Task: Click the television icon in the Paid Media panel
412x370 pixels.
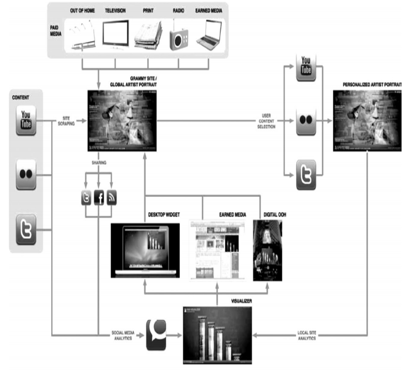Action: click(115, 35)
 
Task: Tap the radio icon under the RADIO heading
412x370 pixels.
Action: click(178, 38)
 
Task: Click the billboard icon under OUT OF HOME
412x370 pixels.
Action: click(83, 36)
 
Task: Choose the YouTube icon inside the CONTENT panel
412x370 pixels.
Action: click(26, 120)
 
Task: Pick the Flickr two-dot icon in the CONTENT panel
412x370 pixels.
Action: click(26, 174)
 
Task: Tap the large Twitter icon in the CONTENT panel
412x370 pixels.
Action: click(26, 229)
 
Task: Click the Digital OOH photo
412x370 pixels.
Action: click(268, 250)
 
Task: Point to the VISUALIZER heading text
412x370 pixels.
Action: click(241, 301)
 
